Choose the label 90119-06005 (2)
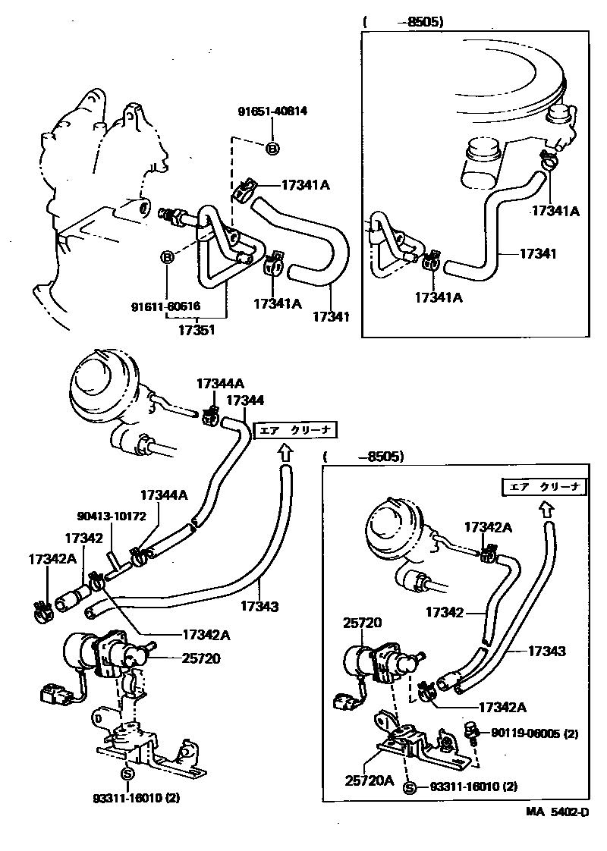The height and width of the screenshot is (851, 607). pyautogui.click(x=534, y=733)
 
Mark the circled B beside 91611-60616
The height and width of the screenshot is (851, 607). pyautogui.click(x=168, y=258)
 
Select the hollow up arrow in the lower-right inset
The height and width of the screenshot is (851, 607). pyautogui.click(x=546, y=509)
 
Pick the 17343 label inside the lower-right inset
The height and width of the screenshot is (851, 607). pyautogui.click(x=546, y=652)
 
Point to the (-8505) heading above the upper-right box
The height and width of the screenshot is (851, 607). pyautogui.click(x=403, y=21)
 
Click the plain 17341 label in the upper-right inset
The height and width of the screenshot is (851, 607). pyautogui.click(x=538, y=253)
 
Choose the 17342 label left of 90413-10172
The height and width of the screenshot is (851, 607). pyautogui.click(x=83, y=538)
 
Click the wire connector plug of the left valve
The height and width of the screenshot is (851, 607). pyautogui.click(x=53, y=692)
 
